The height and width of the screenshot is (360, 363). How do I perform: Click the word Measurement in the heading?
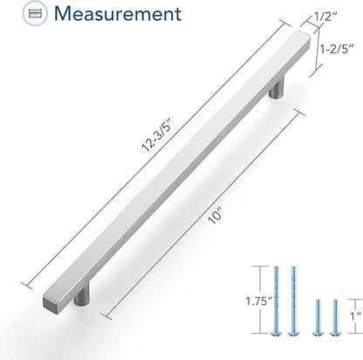click(118, 13)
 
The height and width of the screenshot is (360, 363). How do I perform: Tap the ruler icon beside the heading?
click(36, 13)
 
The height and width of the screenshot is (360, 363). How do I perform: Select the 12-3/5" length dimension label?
click(155, 137)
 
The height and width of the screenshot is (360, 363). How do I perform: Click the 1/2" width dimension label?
click(325, 17)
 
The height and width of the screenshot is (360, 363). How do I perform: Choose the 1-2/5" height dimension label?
click(337, 49)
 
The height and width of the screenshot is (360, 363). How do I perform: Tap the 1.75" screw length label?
click(259, 301)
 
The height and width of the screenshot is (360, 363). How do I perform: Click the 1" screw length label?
click(355, 316)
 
